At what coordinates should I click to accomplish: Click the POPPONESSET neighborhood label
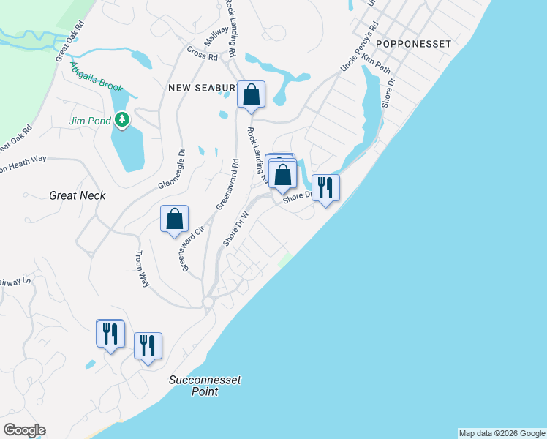(x=415, y=44)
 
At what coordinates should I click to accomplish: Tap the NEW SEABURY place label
(x=202, y=88)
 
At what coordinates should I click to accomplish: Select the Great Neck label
(x=78, y=195)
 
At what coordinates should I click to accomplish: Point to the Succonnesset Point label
(x=205, y=386)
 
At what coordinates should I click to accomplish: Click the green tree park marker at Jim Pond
(x=124, y=119)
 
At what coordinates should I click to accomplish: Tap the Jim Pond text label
(x=88, y=121)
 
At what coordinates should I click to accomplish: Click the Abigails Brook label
(x=97, y=77)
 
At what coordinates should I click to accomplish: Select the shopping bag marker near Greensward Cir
(x=174, y=219)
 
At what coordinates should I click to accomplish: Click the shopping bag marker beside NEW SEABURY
(x=251, y=94)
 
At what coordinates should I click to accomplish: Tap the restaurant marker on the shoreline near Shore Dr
(x=325, y=188)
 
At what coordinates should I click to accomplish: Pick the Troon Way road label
(x=141, y=269)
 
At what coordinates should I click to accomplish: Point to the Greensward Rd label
(x=226, y=184)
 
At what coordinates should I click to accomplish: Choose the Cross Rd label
(x=203, y=54)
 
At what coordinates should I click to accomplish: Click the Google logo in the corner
(x=24, y=430)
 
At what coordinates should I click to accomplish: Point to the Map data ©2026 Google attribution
(x=502, y=433)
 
